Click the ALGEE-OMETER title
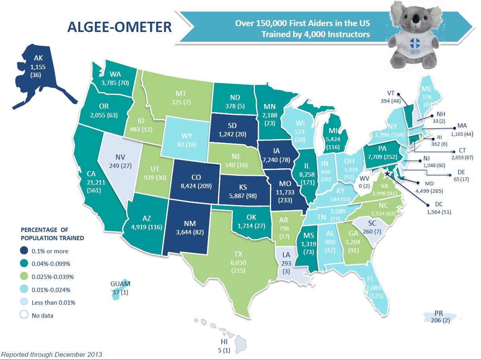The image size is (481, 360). coord(119,27)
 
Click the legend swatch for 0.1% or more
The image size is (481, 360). coord(25,251)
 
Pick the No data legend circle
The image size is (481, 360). coord(25,315)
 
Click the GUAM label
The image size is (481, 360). coord(121,284)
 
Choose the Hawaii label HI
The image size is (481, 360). coord(224,342)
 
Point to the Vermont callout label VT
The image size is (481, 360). coord(390,93)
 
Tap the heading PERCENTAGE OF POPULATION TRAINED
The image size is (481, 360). coord(52,234)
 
